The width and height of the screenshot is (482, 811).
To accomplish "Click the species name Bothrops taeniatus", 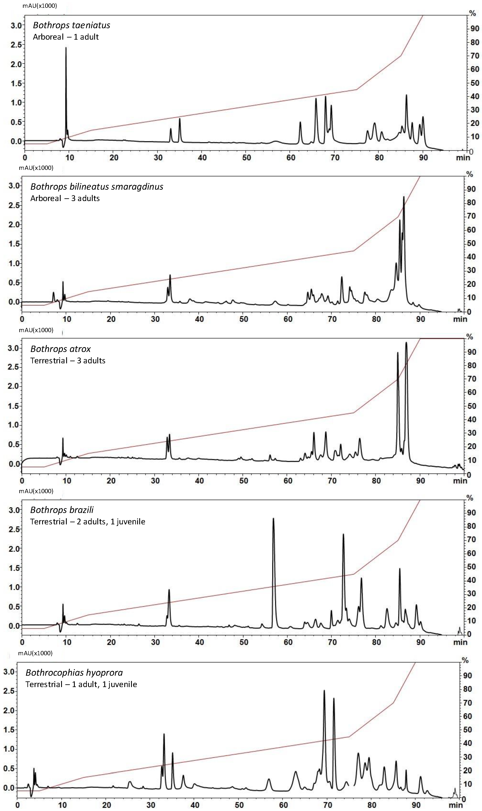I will (x=71, y=25).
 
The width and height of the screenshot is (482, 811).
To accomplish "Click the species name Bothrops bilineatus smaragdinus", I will (x=97, y=187).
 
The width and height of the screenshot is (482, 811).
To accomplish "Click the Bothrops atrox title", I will (x=60, y=349).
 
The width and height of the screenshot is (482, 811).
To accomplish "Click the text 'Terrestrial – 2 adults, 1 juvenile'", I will (x=88, y=522).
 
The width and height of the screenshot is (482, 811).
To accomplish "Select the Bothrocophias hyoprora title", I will (x=74, y=673).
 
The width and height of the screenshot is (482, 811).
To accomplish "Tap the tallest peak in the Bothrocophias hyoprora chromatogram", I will (x=324, y=691).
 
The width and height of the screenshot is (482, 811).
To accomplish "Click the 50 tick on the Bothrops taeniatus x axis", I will (x=246, y=158).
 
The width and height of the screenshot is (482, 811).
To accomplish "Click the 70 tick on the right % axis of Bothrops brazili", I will (x=471, y=539).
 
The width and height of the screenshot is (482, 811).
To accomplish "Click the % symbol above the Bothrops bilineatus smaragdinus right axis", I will (x=470, y=175).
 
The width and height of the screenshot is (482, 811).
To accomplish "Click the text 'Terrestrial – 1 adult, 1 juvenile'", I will (x=81, y=684).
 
